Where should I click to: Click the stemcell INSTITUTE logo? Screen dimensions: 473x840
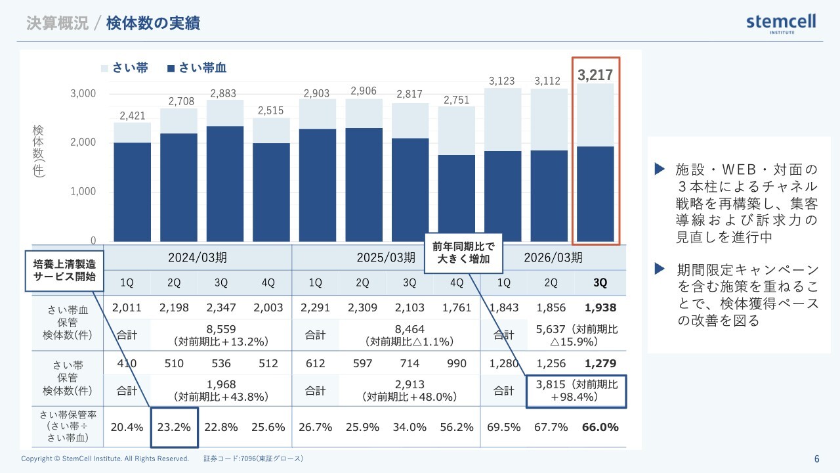click(x=781, y=24)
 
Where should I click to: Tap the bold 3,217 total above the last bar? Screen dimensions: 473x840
click(x=595, y=75)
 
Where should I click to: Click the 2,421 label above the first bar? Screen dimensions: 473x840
click(x=133, y=116)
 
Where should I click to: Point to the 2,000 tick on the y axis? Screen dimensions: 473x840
click(x=83, y=143)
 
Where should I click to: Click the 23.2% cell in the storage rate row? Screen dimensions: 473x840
click(x=175, y=427)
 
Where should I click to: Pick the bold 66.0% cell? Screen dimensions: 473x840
click(x=600, y=427)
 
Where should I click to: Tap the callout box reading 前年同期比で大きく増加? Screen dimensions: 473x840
click(x=463, y=253)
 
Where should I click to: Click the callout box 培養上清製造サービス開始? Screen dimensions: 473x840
click(x=65, y=270)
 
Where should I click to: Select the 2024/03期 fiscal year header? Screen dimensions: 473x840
click(x=198, y=257)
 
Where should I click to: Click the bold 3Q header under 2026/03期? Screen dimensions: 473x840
click(x=600, y=282)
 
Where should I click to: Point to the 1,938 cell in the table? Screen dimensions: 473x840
click(x=600, y=307)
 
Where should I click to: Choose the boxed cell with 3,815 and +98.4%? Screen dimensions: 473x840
click(x=576, y=391)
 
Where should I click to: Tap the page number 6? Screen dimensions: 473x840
click(x=816, y=459)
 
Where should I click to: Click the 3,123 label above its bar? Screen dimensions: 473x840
click(x=501, y=81)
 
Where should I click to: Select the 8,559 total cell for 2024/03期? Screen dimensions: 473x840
click(x=221, y=334)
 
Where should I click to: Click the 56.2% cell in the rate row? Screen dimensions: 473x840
click(x=457, y=427)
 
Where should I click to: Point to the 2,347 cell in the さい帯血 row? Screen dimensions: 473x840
click(x=221, y=307)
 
